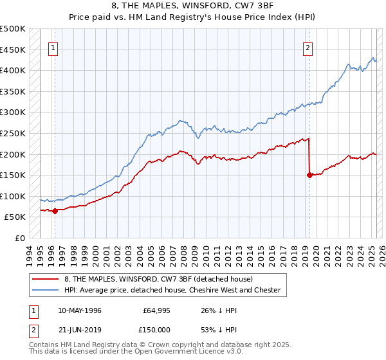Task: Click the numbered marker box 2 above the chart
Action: (309, 47)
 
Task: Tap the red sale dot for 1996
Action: (55, 210)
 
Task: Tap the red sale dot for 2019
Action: (309, 174)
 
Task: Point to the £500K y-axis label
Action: (13, 29)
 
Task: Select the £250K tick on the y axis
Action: (13, 134)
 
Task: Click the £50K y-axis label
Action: (15, 217)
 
